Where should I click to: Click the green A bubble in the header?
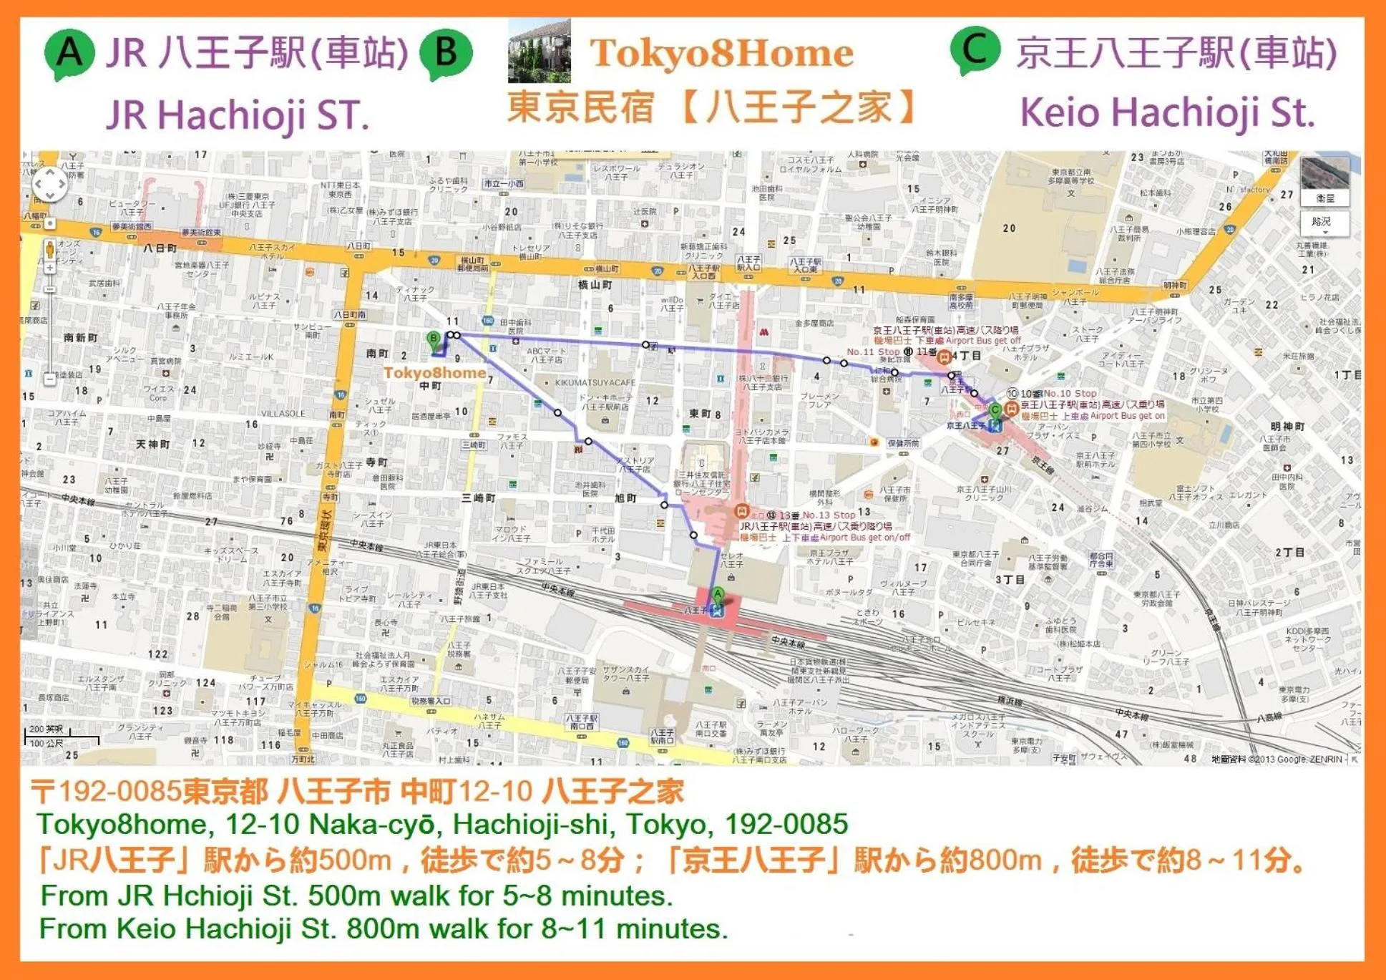point(69,53)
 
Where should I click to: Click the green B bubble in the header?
point(446,53)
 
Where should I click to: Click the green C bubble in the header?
point(975,50)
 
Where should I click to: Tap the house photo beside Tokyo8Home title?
point(539,52)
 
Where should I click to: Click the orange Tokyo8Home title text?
point(721,53)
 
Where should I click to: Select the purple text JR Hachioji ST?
point(237,115)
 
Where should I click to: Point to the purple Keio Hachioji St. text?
point(1166,112)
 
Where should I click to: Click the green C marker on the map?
point(995,411)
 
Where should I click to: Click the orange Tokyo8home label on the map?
point(434,373)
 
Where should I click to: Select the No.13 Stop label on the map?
point(829,515)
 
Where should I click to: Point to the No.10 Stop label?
point(1070,393)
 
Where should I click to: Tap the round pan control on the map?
point(49,185)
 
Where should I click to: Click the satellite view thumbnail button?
point(1324,181)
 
